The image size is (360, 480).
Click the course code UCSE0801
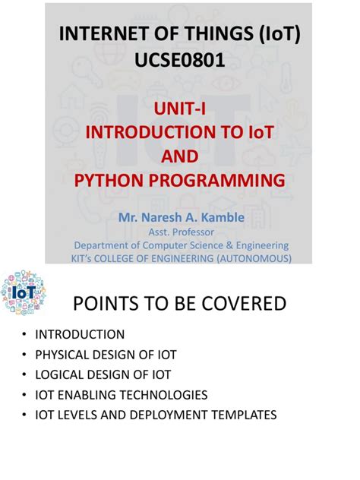180,60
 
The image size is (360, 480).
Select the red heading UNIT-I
180,108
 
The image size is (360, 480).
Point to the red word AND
180,156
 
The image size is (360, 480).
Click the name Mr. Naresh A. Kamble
181,218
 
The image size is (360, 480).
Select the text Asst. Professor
181,232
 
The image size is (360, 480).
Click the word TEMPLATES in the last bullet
240,415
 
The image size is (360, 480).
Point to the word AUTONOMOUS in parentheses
250,259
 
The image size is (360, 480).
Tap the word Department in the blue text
103,245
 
